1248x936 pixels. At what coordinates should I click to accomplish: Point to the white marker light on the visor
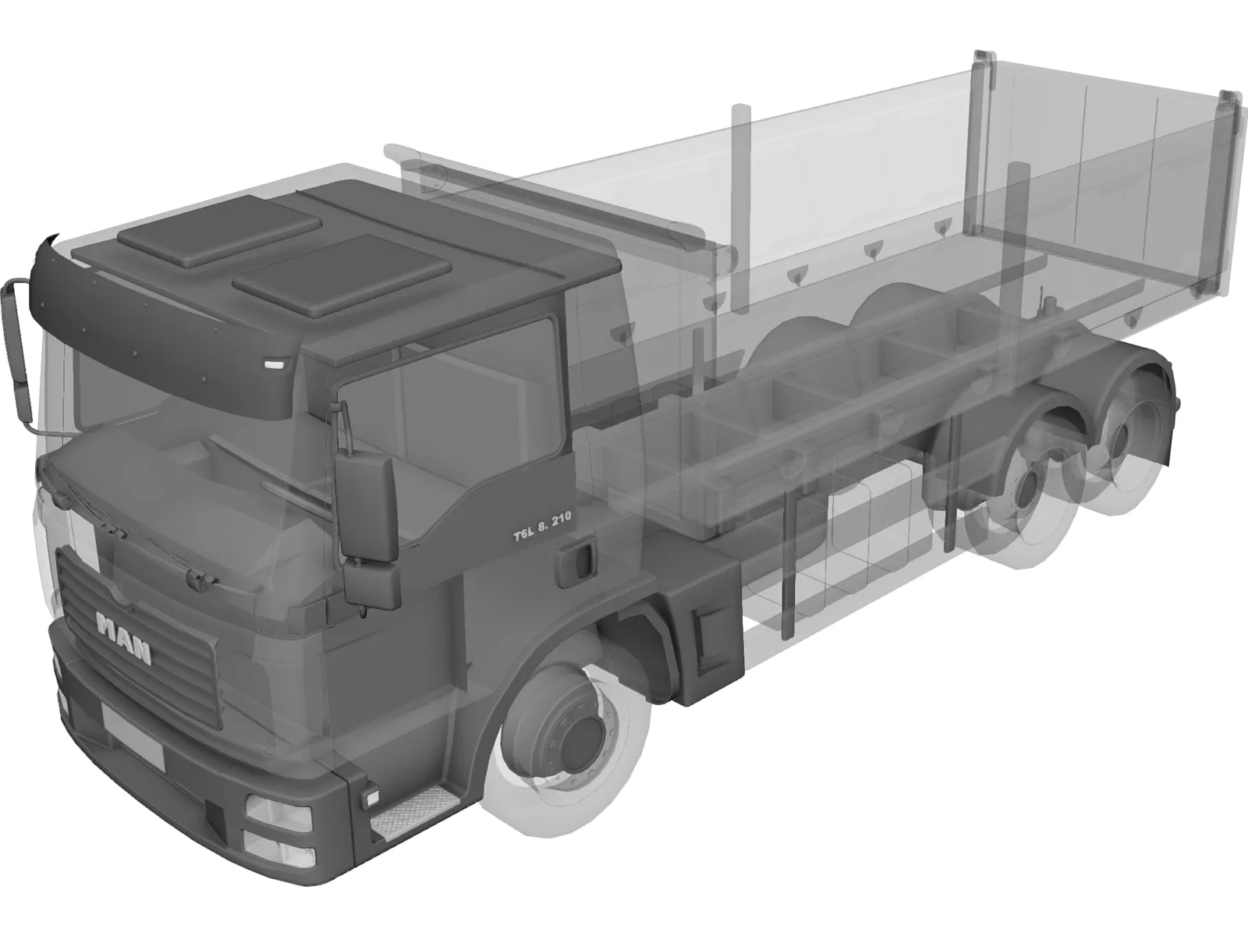pyautogui.click(x=275, y=363)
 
